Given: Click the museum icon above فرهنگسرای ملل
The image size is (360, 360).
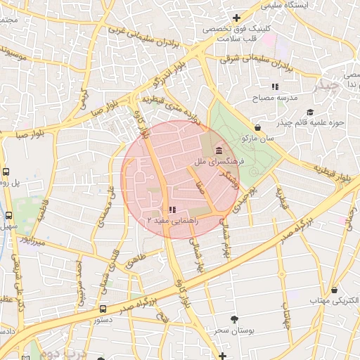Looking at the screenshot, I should (219, 151).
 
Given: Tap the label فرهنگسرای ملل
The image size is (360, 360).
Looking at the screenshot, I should (218, 162).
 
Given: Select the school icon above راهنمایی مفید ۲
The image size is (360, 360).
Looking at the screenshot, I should (172, 210).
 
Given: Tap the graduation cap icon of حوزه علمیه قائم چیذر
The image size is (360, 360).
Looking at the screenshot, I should (310, 112).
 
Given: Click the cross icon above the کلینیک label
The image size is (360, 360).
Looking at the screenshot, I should (236, 18).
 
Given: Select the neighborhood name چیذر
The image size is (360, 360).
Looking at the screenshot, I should (326, 86).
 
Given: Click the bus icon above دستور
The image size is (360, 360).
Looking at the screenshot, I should (103, 309).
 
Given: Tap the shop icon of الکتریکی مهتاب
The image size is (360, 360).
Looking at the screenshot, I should (334, 289).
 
